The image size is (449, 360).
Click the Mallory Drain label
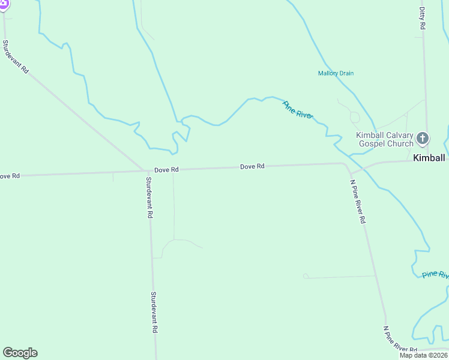tap(336, 73)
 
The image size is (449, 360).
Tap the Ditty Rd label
tap(423, 19)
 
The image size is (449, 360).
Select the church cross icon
tap(423, 139)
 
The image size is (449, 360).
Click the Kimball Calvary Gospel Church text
tap(385, 139)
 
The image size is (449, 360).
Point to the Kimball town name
tap(429, 158)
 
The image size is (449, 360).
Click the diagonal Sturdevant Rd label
tap(16, 57)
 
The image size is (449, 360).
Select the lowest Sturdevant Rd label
tap(154, 313)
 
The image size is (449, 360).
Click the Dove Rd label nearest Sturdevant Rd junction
tap(166, 170)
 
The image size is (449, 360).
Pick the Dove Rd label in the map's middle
tap(252, 166)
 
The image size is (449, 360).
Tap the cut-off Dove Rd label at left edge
tap(10, 176)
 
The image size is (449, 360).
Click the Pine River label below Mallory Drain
tap(298, 110)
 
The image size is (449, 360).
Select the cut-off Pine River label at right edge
tap(435, 274)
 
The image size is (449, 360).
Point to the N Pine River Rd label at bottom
tap(400, 341)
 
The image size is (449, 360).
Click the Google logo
tap(20, 353)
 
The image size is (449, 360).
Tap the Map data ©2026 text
tap(423, 355)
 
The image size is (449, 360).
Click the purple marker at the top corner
tap(4, 4)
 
